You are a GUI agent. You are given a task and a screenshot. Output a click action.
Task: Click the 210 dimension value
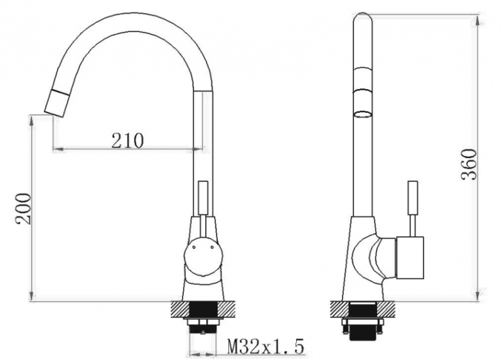tap(128, 140)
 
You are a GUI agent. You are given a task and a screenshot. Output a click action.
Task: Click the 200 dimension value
tap(24, 209)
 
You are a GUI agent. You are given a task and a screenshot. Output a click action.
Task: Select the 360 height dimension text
tap(469, 164)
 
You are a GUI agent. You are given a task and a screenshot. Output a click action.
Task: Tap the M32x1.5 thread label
tap(265, 346)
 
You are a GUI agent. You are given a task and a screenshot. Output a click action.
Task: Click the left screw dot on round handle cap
tap(194, 246)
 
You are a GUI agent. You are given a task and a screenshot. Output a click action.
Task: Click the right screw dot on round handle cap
tap(212, 246)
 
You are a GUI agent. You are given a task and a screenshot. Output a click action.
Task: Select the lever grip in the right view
tap(412, 198)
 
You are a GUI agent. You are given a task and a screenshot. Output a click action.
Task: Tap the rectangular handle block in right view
tap(410, 258)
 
